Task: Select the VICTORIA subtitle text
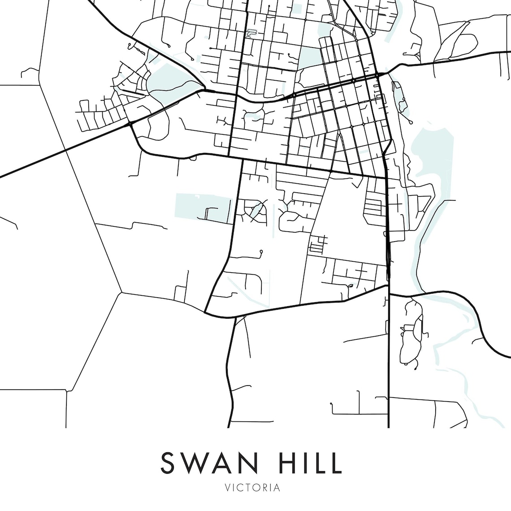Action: click(255, 488)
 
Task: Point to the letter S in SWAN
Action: click(168, 463)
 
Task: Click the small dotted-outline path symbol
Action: click(252, 33)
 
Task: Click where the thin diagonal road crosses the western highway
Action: click(66, 150)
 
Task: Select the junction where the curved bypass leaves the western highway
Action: click(130, 123)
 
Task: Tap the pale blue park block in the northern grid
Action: click(307, 57)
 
